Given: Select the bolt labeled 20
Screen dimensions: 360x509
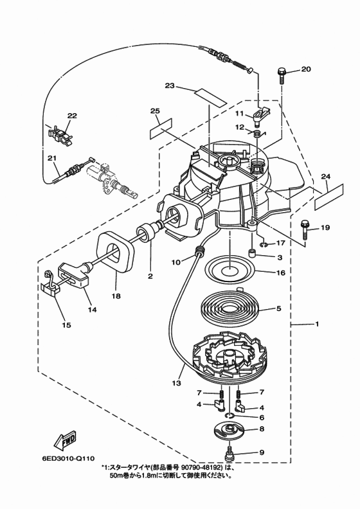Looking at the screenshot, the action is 282,75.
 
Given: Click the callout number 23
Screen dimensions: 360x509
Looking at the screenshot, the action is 170,86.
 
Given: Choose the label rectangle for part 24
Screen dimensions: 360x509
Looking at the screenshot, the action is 329,196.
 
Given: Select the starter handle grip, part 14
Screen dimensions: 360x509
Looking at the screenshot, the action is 74,275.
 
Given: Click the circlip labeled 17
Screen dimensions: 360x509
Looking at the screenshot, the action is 264,244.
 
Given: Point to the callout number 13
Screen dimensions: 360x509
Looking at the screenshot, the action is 176,383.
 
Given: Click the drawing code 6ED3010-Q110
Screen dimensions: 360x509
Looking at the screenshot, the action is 68,459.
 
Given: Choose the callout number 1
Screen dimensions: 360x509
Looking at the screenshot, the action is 317,324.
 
